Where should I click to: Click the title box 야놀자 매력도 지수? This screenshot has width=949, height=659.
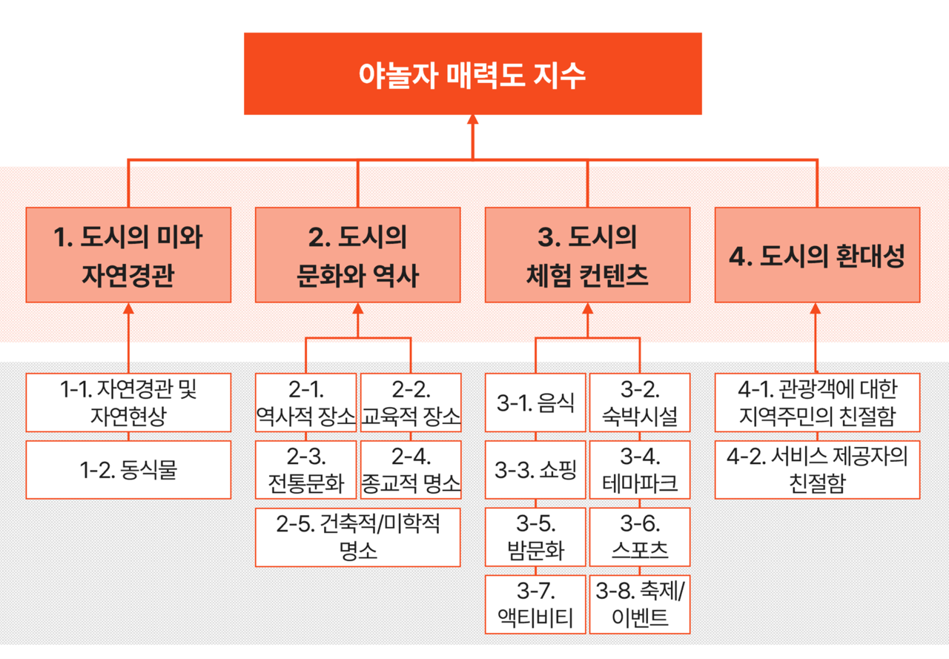[x=472, y=74]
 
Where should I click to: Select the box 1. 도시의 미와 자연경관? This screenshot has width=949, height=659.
[x=128, y=255]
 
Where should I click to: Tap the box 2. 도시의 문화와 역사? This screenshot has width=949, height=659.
[x=357, y=255]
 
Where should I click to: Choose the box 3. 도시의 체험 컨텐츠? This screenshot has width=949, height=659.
[x=587, y=255]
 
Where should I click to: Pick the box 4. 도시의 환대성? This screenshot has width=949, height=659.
[x=817, y=255]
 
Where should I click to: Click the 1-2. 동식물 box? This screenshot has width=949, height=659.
[x=128, y=470]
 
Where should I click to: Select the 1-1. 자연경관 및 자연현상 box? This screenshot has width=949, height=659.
[x=128, y=403]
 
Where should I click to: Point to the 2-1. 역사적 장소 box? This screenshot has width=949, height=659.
[x=305, y=403]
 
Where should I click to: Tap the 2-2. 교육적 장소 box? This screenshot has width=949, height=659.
[x=411, y=403]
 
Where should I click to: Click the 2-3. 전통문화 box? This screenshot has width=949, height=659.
[x=305, y=470]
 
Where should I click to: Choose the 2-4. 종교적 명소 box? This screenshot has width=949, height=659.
[x=411, y=470]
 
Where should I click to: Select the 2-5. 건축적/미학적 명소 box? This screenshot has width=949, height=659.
[x=357, y=537]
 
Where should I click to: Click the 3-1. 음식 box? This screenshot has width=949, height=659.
[x=535, y=403]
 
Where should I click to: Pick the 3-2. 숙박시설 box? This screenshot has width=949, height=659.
[x=640, y=403]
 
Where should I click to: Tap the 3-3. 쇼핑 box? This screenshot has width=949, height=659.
[x=535, y=470]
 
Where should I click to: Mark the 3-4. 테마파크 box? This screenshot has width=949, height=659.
[x=640, y=470]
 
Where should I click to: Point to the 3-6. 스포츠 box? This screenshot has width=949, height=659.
[x=640, y=537]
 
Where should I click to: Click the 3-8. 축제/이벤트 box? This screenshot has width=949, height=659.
[x=640, y=604]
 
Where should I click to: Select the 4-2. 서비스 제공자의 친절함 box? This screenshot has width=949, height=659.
[x=817, y=470]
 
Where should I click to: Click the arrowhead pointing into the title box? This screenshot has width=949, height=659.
[x=472, y=120]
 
